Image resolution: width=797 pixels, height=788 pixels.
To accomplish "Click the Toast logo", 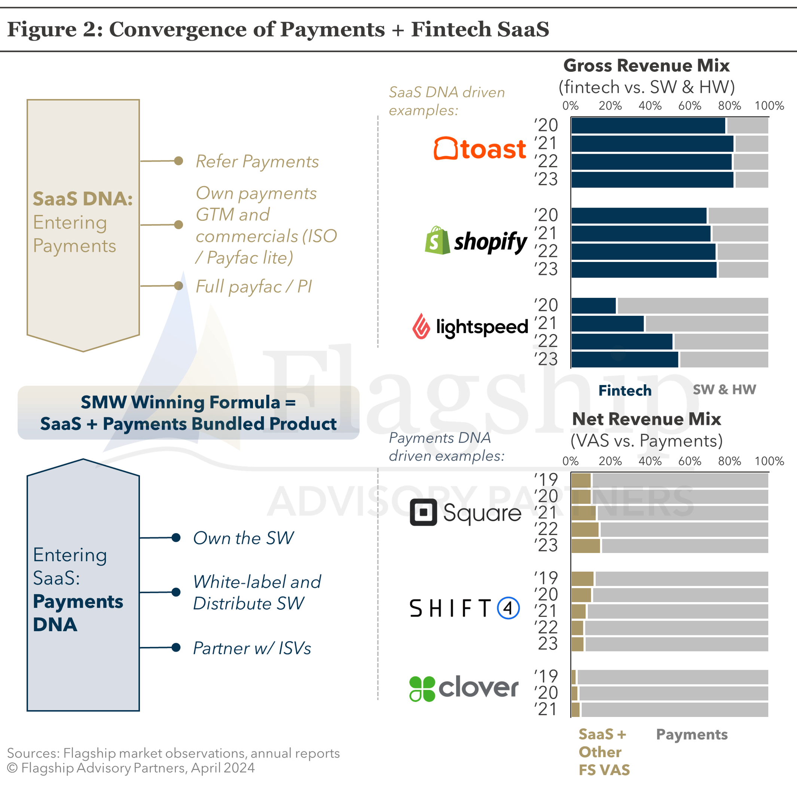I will pos(479,149).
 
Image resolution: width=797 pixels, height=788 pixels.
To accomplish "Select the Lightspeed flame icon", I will pos(421,326).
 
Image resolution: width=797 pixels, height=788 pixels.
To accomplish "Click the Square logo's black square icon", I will pos(423,512).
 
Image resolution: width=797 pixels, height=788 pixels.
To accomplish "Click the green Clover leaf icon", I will pos(422,688).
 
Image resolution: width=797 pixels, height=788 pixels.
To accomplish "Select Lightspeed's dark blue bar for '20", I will pos(593,306).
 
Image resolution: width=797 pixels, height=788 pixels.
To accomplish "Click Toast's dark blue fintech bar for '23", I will pos(652,180).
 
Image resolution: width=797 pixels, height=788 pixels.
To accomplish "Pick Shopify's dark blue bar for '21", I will pos(641,233).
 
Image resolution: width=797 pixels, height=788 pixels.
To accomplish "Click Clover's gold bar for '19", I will pos(573,677).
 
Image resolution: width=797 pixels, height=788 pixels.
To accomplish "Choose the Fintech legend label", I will pos(625,390).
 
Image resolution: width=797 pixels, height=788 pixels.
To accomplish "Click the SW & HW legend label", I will pos(724,390).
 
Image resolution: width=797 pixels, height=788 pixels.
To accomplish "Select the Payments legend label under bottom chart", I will pos(692,734).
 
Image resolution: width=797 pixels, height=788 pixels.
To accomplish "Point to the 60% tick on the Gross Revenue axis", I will pos(690,106).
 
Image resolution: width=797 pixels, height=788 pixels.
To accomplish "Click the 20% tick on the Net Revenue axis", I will pos(610,461).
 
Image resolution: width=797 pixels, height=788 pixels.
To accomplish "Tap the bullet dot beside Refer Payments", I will pos(178,161).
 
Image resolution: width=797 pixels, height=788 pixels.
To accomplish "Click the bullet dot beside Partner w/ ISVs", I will pos(176,647).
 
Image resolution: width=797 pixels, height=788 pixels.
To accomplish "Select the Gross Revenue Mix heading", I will pos(647,65).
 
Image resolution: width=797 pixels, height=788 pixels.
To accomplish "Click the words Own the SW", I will pos(243,538).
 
